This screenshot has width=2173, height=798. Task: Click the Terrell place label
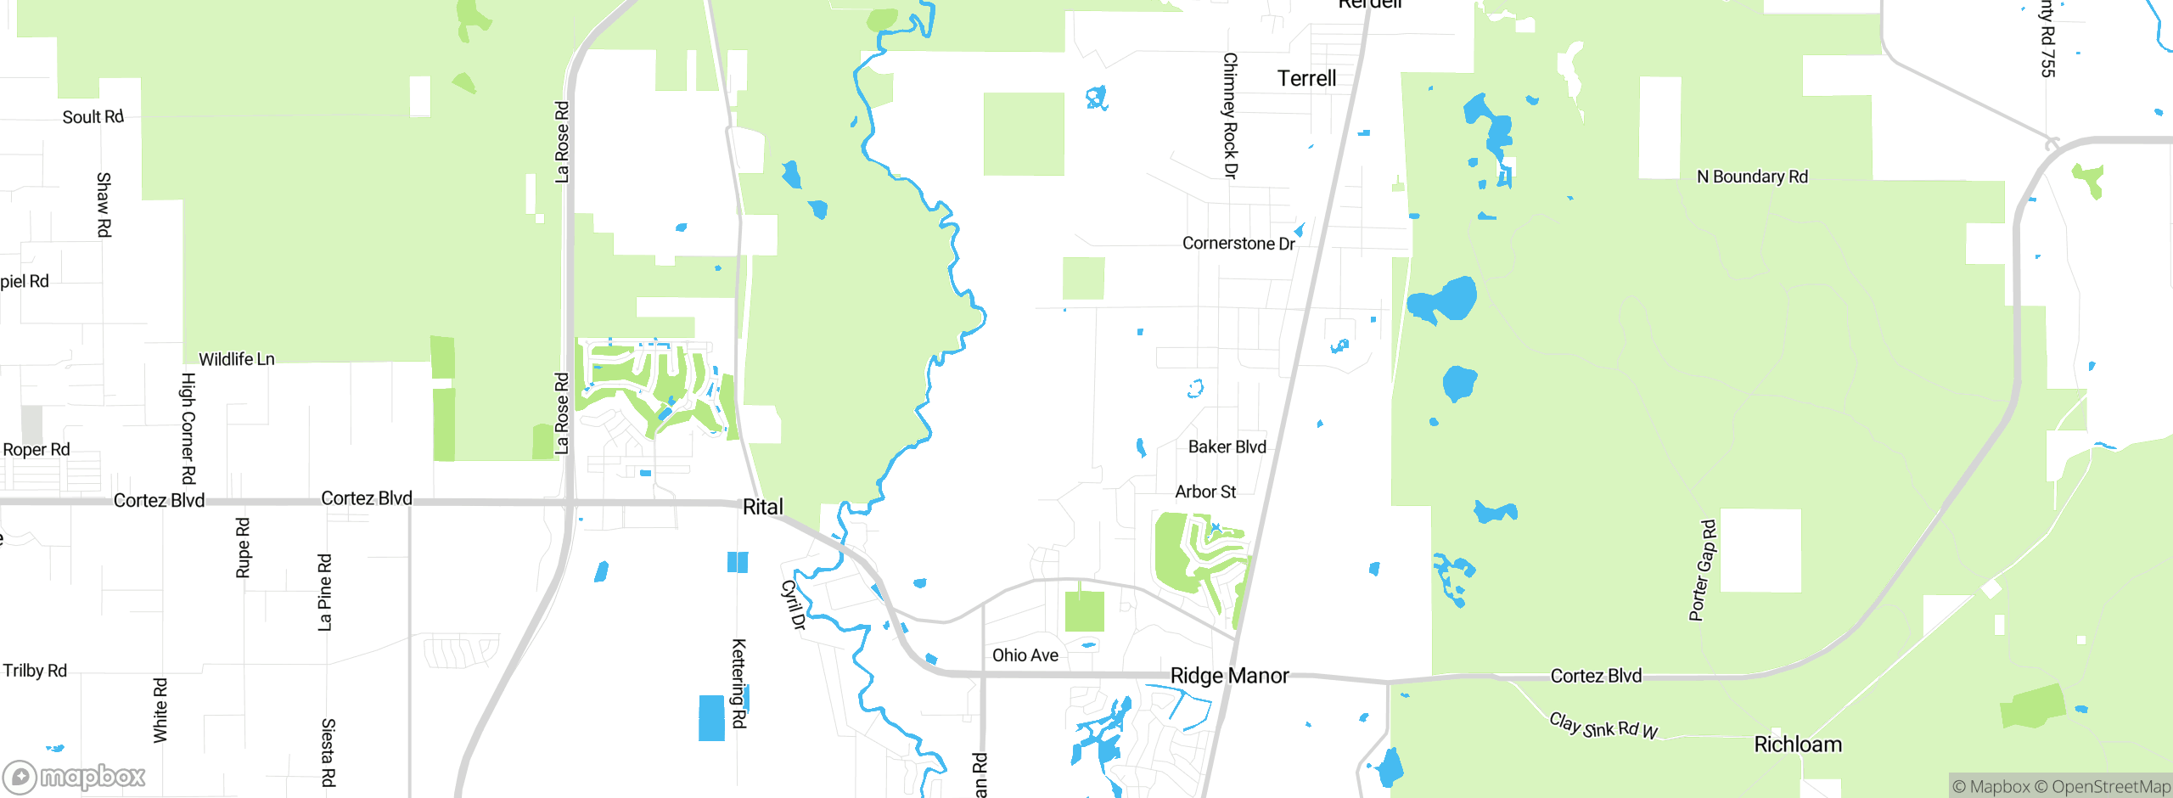pos(1306,79)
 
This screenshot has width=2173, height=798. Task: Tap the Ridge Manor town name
pos(1229,676)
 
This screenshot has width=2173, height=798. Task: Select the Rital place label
pos(762,507)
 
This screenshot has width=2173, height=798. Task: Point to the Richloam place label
pos(1798,745)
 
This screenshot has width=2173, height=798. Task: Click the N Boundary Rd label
pos(1752,177)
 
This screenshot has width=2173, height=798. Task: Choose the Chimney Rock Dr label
pos(1230,115)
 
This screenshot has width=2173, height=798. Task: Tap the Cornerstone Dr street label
pos(1238,244)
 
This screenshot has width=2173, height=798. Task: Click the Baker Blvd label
pos(1227,447)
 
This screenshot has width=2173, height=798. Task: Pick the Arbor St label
pos(1205,492)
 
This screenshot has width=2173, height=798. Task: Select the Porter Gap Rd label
pos(1703,570)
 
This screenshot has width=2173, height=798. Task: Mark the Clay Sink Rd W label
pos(1603,727)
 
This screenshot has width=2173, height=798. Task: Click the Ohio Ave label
pos(1025,655)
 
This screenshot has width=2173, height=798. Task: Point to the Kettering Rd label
pos(739,683)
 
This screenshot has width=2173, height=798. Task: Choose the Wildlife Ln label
pos(237,359)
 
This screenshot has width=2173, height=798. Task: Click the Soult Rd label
pos(93,117)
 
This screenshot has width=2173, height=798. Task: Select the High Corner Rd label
pos(188,429)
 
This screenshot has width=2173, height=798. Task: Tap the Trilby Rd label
pos(35,671)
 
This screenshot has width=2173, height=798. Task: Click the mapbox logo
pos(75,777)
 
